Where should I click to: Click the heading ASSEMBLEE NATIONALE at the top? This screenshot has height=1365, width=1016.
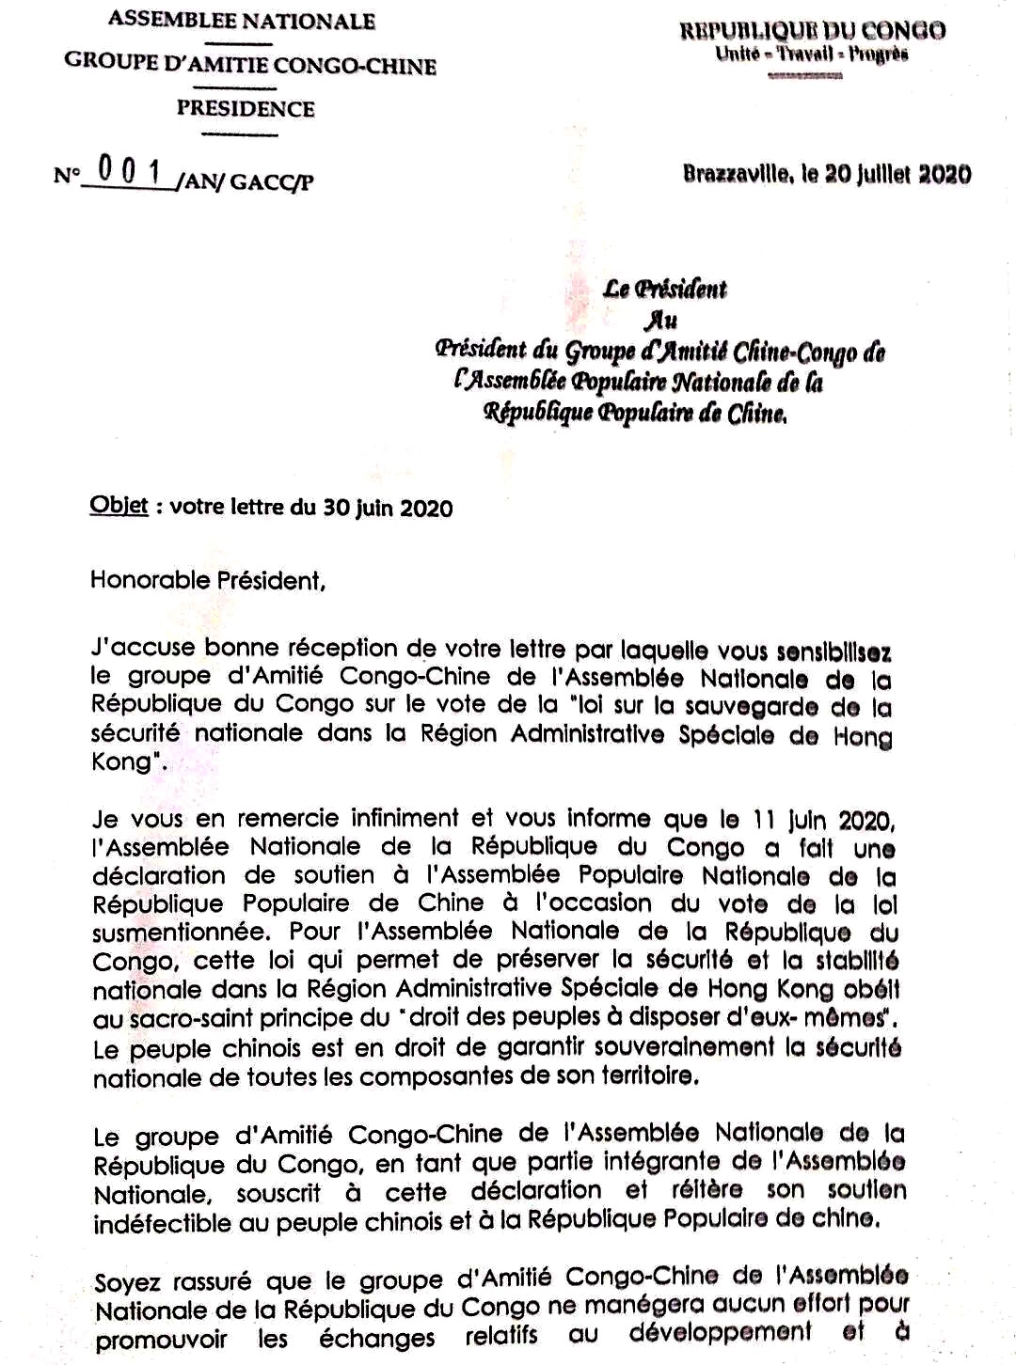point(242,21)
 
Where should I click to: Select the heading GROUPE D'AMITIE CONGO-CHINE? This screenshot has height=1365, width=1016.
point(250,66)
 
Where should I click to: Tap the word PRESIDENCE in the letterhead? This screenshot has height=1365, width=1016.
point(246,109)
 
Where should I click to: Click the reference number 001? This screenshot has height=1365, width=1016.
point(130,172)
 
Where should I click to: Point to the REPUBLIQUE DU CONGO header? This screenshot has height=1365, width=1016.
point(813,31)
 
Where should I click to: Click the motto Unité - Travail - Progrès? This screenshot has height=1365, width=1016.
point(812,55)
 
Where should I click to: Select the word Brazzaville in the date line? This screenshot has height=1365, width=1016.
point(737,175)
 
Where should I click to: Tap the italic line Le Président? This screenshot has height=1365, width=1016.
point(665,290)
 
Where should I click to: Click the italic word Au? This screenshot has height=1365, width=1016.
point(660,320)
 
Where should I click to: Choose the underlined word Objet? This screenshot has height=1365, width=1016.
point(119,506)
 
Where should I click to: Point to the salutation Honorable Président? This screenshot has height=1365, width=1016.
point(207,580)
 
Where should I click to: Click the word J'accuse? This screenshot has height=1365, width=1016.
point(143,648)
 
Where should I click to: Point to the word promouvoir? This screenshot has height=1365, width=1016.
point(161,1340)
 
